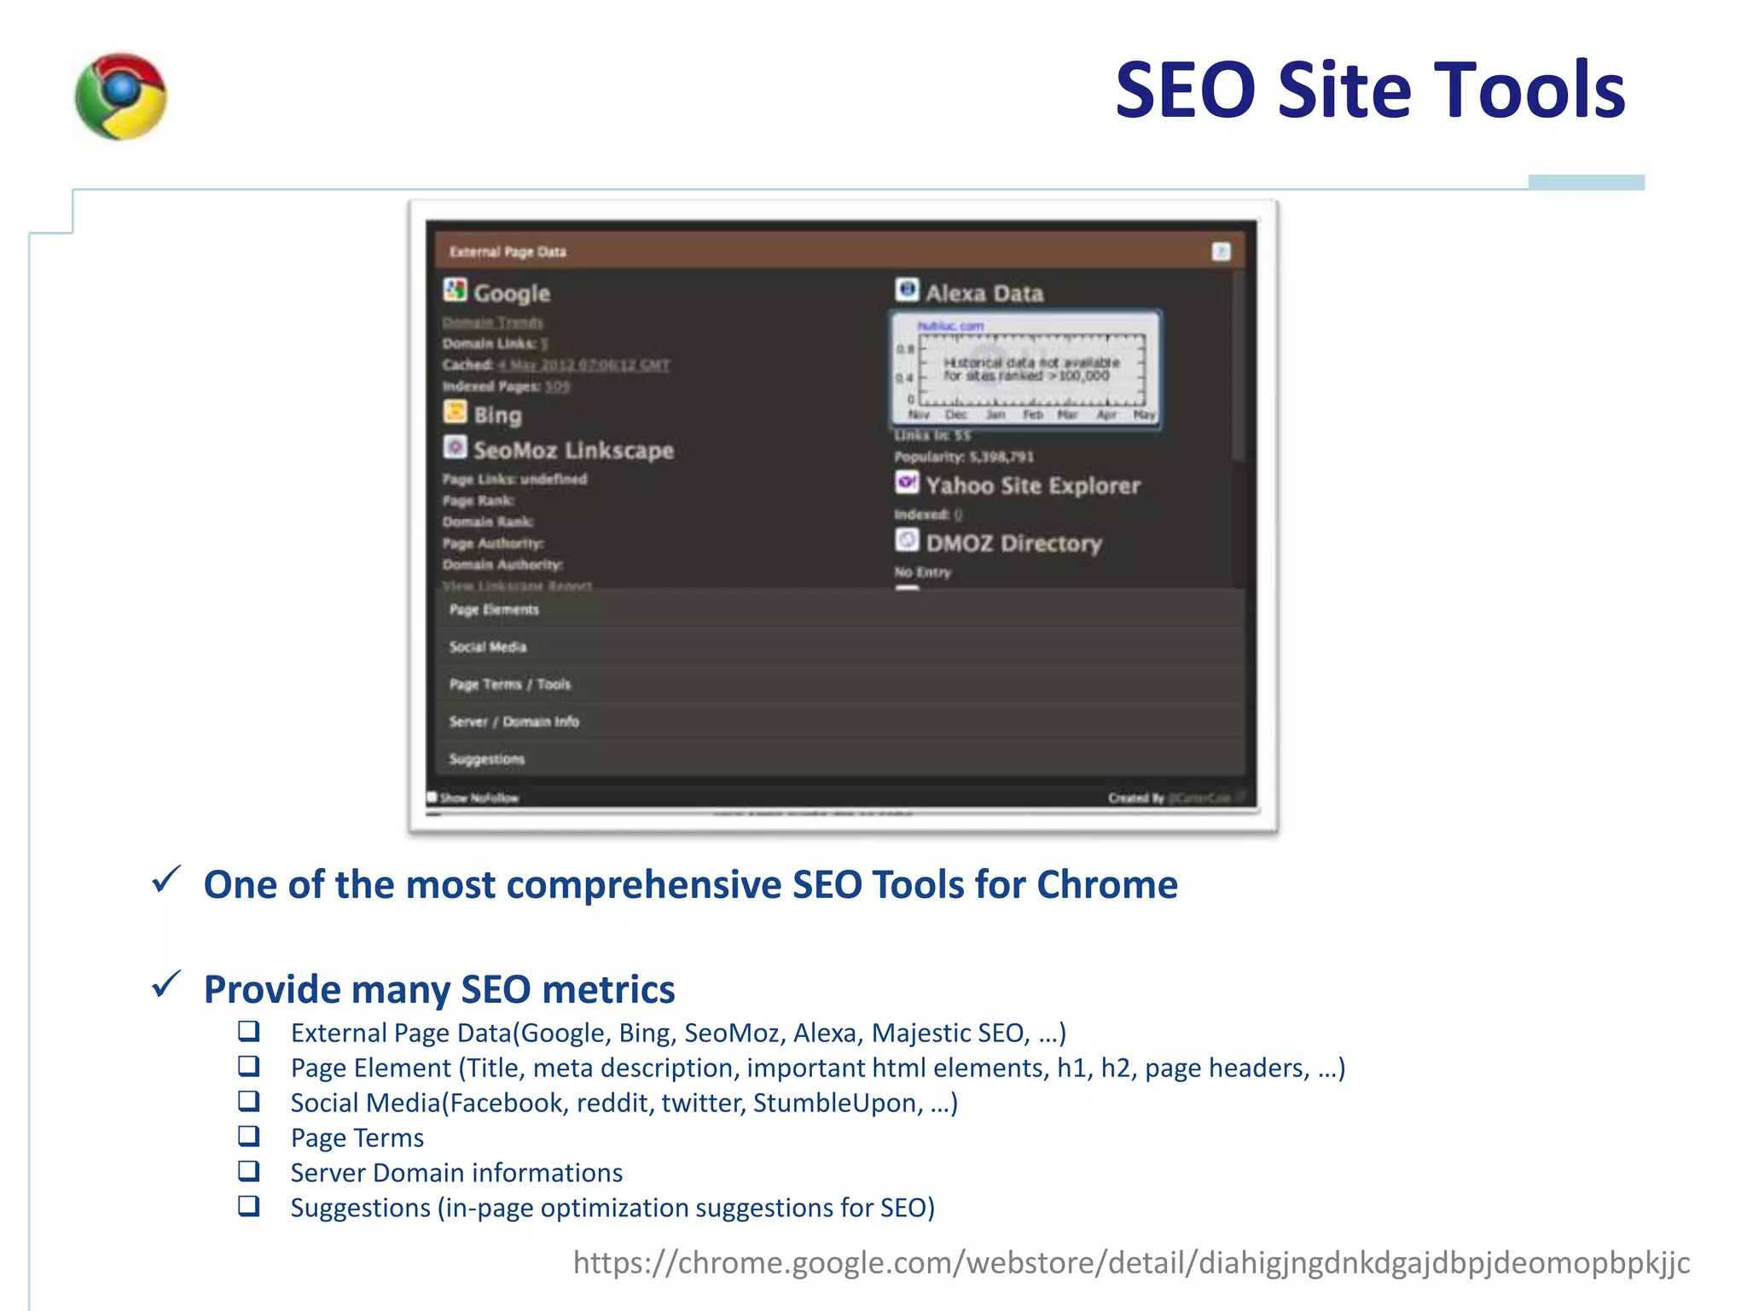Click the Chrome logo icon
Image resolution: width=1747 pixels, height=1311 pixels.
pos(120,96)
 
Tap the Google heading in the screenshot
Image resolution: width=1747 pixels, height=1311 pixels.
pos(511,293)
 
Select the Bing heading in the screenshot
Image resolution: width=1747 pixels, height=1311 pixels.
pos(496,415)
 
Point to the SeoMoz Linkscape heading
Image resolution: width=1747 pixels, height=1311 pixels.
pos(572,450)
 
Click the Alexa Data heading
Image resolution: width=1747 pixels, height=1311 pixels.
pos(984,293)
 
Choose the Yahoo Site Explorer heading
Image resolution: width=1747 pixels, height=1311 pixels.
pos(1032,486)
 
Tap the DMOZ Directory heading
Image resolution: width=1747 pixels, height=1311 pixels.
pos(1013,543)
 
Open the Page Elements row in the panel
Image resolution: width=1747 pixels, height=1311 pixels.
pos(495,609)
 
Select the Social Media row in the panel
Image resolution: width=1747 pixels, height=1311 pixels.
pos(488,647)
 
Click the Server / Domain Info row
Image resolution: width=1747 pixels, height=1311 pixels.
pos(514,721)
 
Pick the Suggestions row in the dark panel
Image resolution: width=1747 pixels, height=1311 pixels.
pos(487,759)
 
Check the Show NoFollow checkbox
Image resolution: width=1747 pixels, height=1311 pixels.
pos(432,797)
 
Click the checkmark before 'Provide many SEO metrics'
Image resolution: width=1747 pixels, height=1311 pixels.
pos(165,984)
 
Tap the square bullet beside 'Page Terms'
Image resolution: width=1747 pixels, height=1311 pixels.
pos(248,1136)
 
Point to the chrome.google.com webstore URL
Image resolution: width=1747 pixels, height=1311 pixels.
pos(1131,1262)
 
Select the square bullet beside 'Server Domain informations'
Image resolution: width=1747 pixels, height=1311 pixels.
pos(248,1171)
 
